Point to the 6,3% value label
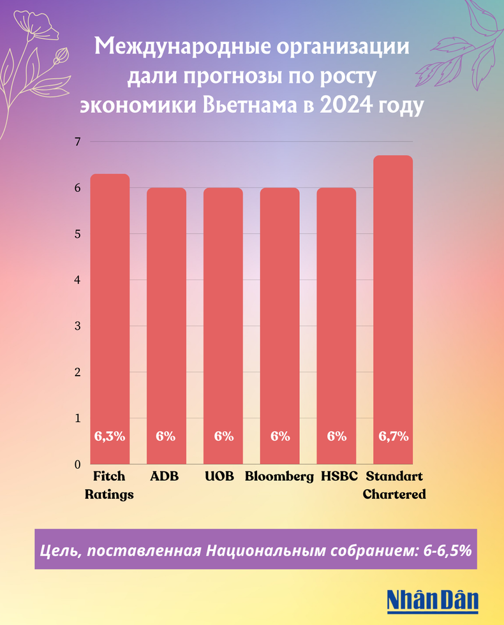coord(110,437)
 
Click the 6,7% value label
coord(394,437)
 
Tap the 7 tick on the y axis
coord(77,142)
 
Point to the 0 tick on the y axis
coord(77,464)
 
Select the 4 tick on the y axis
coord(77,280)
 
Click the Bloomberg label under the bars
coord(279,476)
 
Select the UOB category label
coord(220,476)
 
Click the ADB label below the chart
coord(165,476)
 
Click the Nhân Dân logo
coord(432,600)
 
